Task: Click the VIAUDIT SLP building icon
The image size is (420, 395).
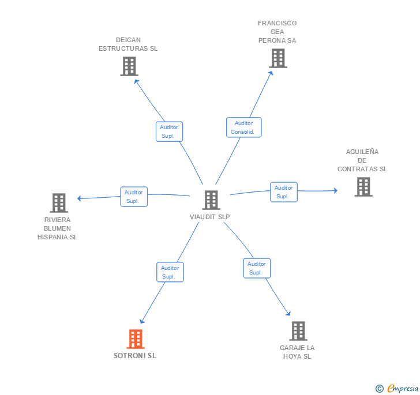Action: point(211,200)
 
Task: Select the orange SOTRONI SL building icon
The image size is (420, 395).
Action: point(136,339)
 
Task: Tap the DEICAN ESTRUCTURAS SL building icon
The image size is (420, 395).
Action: point(129,66)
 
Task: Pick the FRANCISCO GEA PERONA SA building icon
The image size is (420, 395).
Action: point(278,58)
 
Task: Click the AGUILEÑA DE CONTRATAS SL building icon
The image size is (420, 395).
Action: point(363,187)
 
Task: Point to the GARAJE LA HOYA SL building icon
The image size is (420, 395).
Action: point(298,331)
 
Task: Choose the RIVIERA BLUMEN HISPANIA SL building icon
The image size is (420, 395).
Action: point(59,203)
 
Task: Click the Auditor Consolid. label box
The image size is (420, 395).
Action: point(243,127)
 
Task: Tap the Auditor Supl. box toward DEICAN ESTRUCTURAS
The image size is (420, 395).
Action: point(169,131)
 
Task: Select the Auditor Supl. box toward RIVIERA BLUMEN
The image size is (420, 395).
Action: point(134,197)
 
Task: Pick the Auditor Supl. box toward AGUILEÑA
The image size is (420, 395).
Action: point(283,192)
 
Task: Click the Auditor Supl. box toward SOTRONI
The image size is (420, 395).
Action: point(170,272)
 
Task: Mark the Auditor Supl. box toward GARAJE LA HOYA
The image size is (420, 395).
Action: point(256,268)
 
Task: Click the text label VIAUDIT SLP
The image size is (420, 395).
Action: point(210,217)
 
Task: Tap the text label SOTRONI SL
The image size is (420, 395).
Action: point(135,356)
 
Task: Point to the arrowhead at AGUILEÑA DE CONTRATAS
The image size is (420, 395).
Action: point(335,190)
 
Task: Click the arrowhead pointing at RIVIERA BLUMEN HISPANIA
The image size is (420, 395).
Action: point(80,198)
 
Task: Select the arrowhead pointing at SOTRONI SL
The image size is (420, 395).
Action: point(142,321)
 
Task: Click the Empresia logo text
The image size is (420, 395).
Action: point(403,389)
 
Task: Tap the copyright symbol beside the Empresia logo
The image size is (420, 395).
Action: point(380,389)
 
